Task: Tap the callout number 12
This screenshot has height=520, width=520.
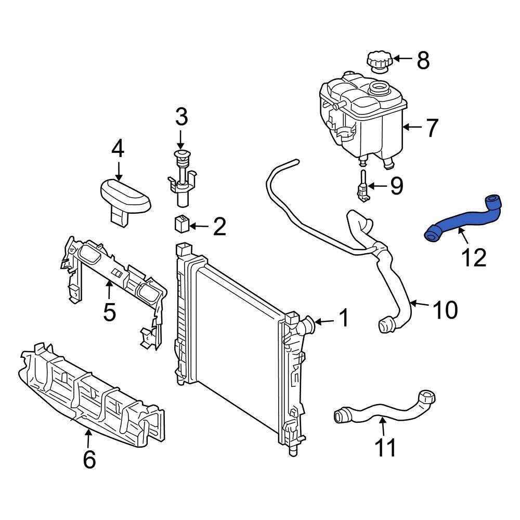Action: point(473,257)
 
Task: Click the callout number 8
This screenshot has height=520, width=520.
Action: point(423,61)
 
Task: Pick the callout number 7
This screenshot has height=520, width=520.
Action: point(432,128)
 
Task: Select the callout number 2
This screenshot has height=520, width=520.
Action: point(219,227)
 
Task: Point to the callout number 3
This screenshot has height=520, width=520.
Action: point(180,118)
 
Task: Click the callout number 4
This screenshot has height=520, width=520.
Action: point(118,150)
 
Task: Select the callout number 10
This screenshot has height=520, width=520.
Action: point(445,310)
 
